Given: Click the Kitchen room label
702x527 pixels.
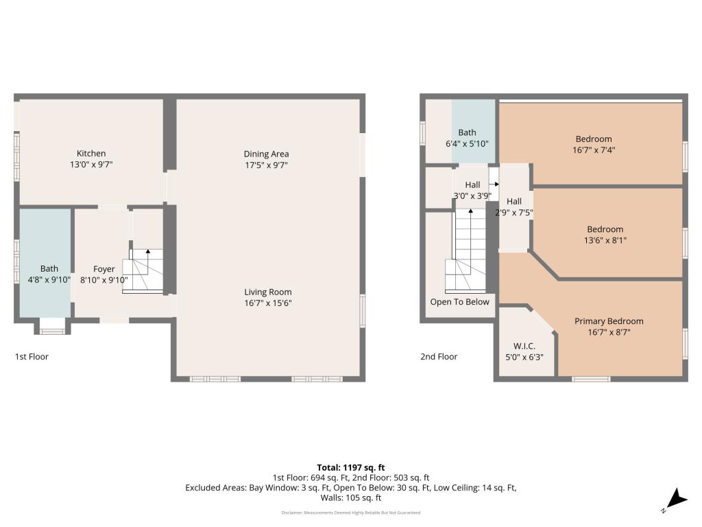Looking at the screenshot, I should [91, 153].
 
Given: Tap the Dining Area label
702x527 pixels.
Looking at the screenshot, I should [266, 154].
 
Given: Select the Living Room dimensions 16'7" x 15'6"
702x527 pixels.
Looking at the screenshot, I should [266, 303].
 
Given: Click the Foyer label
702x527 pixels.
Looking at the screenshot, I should [104, 269].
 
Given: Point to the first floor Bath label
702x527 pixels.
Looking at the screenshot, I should [49, 268].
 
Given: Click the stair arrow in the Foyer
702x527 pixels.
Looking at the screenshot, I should [147, 252].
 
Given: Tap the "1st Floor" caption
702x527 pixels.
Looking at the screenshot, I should [32, 357].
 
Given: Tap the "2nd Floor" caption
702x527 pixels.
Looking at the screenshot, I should [439, 357].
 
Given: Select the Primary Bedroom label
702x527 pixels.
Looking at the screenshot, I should [609, 321].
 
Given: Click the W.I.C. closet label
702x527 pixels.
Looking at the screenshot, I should [524, 346].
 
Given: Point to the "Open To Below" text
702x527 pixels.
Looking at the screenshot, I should [459, 302].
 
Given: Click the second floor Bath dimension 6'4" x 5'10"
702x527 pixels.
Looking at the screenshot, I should [467, 144].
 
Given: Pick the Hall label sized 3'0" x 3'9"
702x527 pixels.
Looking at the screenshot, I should [472, 185].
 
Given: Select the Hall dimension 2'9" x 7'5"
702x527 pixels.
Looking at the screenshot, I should [514, 213].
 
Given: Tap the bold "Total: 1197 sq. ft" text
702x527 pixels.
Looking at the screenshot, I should [350, 467].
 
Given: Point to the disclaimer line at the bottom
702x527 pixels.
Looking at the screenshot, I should [350, 513].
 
